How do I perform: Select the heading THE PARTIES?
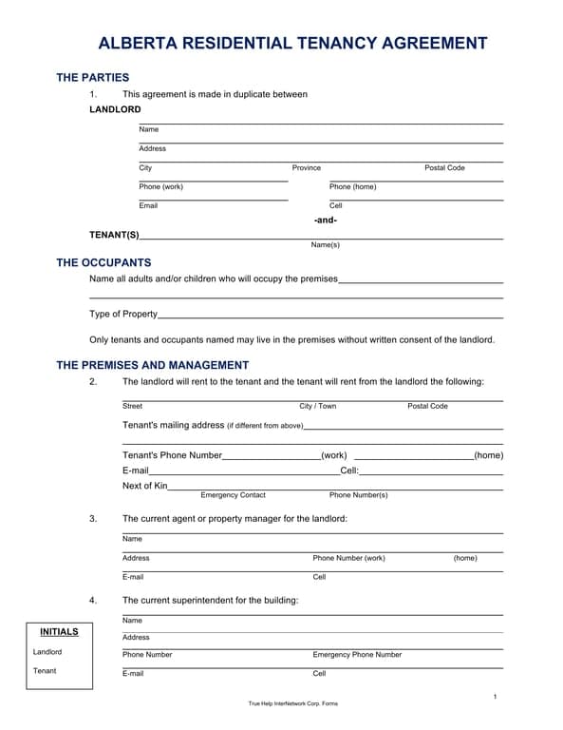(93, 77)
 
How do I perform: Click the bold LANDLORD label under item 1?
(115, 109)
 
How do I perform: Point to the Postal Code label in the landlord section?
(444, 168)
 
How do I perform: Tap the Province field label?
(307, 168)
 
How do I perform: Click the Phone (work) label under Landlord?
(160, 187)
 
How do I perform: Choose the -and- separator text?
(326, 220)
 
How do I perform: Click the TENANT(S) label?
(114, 235)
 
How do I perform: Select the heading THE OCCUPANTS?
(103, 262)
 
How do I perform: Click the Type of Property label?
(123, 314)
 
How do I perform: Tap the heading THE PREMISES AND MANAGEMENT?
(153, 365)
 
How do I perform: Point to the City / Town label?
(317, 407)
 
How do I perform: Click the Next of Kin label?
(145, 486)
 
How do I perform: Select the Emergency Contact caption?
(233, 495)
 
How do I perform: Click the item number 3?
(93, 519)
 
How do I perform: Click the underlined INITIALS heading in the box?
(59, 632)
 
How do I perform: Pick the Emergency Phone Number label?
(357, 655)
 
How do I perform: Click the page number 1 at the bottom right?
(495, 699)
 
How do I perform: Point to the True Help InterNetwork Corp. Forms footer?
(292, 703)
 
